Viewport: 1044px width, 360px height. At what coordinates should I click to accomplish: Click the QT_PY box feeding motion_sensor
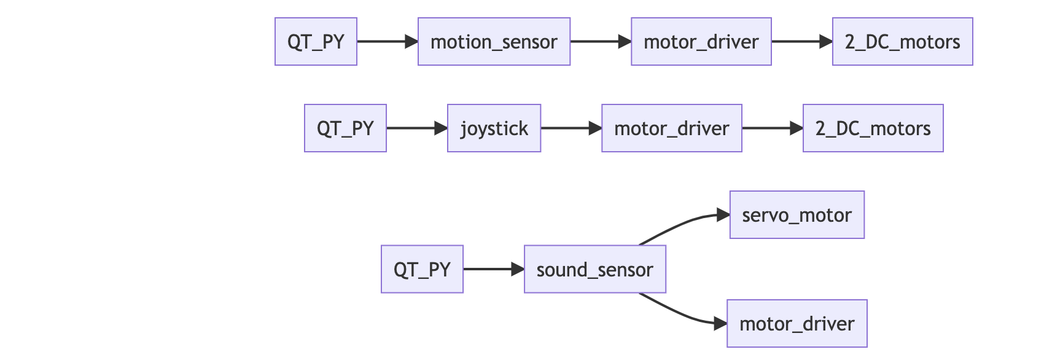coord(316,42)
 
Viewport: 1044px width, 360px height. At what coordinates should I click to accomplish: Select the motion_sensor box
coord(494,42)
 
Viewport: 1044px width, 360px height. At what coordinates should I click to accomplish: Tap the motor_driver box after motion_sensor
coord(701,42)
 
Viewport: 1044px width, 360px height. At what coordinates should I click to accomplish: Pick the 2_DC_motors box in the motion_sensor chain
coord(902,42)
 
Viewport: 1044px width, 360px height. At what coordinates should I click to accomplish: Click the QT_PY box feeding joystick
coord(345,128)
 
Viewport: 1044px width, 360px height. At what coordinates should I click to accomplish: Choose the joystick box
coord(494,128)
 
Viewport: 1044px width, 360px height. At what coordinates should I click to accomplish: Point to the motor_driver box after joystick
coord(671,128)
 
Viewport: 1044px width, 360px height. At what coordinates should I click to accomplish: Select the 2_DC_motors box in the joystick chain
coord(873,128)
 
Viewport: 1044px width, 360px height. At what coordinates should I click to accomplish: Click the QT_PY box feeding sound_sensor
coord(422,269)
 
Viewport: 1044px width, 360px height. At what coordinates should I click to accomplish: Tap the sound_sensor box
coord(594,269)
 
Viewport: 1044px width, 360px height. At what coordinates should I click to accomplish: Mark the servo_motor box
coord(797,215)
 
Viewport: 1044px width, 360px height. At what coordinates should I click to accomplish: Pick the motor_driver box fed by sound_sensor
coord(797,324)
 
